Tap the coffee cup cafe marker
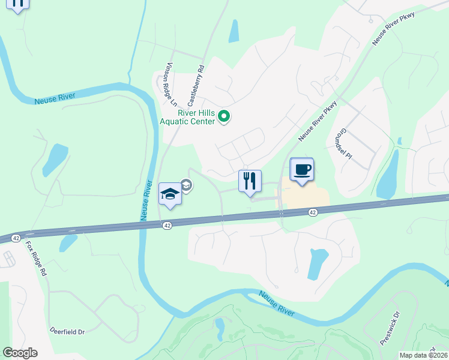tap(301, 169)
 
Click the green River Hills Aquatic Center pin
tap(224, 116)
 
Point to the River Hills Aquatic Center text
tap(196, 116)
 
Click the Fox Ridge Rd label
tap(37, 259)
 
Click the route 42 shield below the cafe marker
tap(313, 212)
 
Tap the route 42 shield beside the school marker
tap(167, 225)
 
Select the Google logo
tap(20, 353)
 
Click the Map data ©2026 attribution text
tap(423, 355)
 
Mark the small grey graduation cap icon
tap(186, 185)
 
